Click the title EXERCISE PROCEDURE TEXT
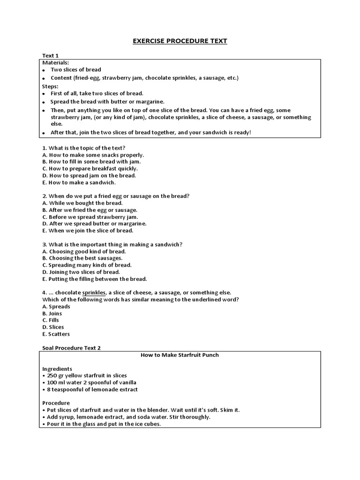click(180, 41)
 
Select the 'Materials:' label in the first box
click(56, 62)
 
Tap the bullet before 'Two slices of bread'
click(45, 70)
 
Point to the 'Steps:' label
click(51, 86)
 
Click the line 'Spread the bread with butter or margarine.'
click(108, 102)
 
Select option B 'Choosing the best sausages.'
click(82, 258)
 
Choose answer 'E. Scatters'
click(56, 334)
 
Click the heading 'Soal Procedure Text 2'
click(71, 348)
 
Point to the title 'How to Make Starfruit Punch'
click(180, 355)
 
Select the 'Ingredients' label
click(57, 369)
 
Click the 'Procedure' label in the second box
click(56, 403)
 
